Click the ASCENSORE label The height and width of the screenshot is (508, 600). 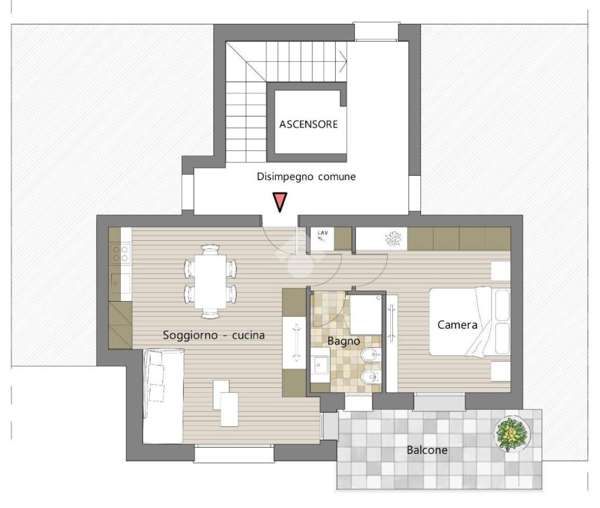308,124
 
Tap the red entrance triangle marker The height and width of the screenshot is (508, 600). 280,202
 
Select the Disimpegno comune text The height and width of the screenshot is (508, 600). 306,177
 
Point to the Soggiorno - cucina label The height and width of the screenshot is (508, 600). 213,335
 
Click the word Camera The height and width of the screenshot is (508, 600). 457,325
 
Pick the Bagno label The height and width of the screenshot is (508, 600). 344,341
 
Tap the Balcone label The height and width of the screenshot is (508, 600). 427,450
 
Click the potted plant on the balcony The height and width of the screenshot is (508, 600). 512,433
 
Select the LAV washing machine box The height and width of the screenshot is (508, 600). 322,240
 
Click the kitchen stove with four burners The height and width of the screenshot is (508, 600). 120,254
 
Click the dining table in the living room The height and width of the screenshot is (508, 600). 210,282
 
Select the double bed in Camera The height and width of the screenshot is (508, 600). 470,322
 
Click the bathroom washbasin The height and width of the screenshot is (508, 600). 319,365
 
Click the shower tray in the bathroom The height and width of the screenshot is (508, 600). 365,315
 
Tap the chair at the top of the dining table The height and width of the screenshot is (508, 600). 210,250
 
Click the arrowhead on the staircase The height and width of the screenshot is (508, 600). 343,61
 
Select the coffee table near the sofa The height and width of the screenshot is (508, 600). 226,403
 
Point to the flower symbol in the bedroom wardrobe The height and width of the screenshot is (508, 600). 393,239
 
